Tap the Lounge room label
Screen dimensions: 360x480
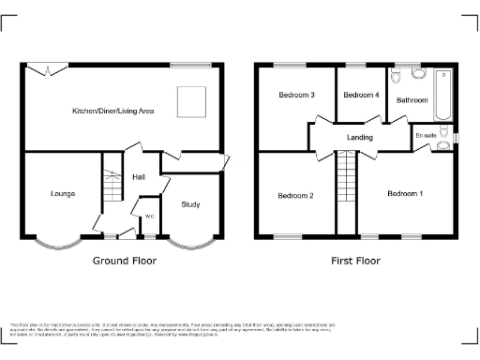(x=63, y=194)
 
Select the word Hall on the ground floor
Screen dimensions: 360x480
(x=138, y=176)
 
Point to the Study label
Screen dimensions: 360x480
(x=190, y=203)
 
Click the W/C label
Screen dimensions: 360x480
(x=149, y=217)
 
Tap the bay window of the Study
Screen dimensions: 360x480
(x=190, y=243)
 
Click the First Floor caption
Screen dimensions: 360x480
(x=355, y=261)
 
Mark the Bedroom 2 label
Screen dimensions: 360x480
(x=295, y=195)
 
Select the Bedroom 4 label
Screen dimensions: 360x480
(x=361, y=95)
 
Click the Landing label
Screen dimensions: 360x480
(x=360, y=138)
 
